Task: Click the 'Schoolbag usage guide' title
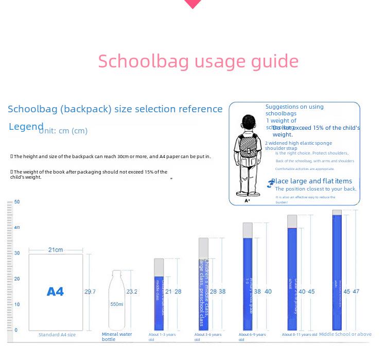click(x=198, y=61)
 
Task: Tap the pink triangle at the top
click(x=193, y=4)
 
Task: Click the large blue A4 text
click(x=55, y=292)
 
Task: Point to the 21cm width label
click(x=56, y=250)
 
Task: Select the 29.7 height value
click(x=90, y=292)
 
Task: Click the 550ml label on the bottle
click(x=117, y=304)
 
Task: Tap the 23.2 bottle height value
click(x=132, y=292)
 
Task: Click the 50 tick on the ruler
click(x=17, y=202)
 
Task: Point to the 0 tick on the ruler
click(x=16, y=330)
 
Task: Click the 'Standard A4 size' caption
click(x=57, y=335)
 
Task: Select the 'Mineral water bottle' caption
click(x=117, y=337)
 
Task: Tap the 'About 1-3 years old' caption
click(x=162, y=337)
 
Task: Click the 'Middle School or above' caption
click(x=345, y=334)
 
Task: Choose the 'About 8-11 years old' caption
click(x=300, y=335)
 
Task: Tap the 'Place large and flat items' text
click(x=311, y=181)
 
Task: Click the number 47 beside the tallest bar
click(x=356, y=292)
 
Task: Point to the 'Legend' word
click(x=26, y=127)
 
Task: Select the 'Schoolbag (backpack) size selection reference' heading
click(x=115, y=109)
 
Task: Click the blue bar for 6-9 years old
click(x=248, y=283)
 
